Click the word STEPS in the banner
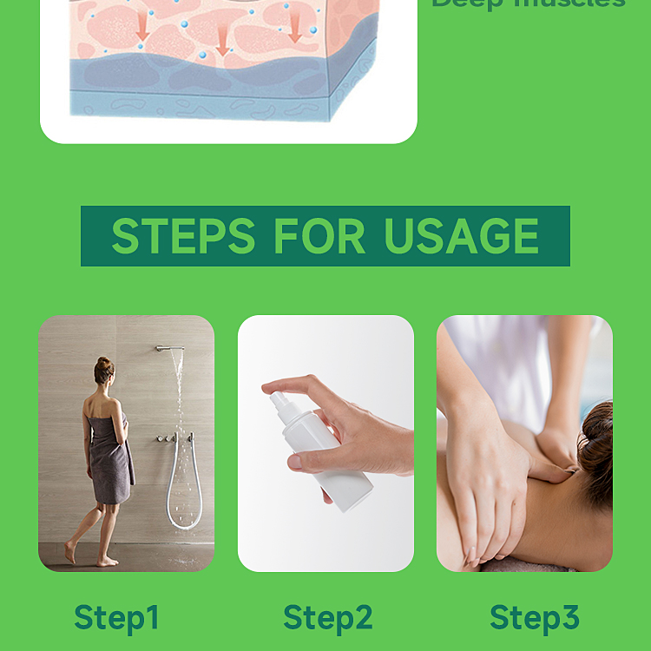tap(183, 236)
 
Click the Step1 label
tap(117, 617)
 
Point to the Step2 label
tap(327, 617)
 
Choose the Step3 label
tap(534, 617)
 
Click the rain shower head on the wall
tap(171, 348)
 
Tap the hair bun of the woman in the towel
tap(104, 364)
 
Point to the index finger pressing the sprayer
tap(286, 385)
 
